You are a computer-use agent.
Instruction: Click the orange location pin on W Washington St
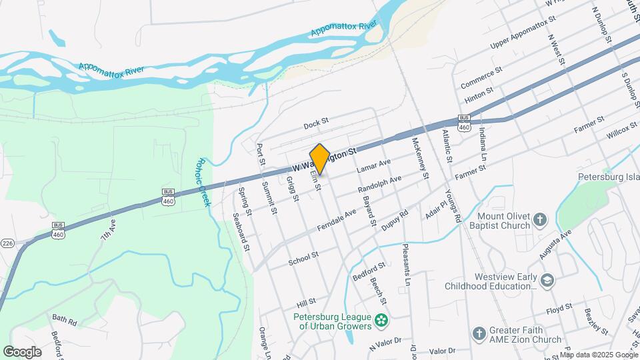point(320,159)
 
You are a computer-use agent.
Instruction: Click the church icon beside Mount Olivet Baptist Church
point(541,219)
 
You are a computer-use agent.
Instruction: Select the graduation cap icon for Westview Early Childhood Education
point(548,279)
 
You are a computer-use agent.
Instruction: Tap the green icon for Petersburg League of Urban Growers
point(381,321)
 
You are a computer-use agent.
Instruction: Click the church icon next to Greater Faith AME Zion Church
point(478,333)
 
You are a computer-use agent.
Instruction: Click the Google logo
point(22,351)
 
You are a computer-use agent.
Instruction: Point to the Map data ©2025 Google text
point(597,355)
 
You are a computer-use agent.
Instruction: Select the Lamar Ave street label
point(373,167)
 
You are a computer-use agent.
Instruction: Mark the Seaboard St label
point(240,232)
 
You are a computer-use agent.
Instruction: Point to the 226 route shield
point(7,242)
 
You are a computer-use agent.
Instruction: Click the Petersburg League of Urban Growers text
point(334,321)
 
